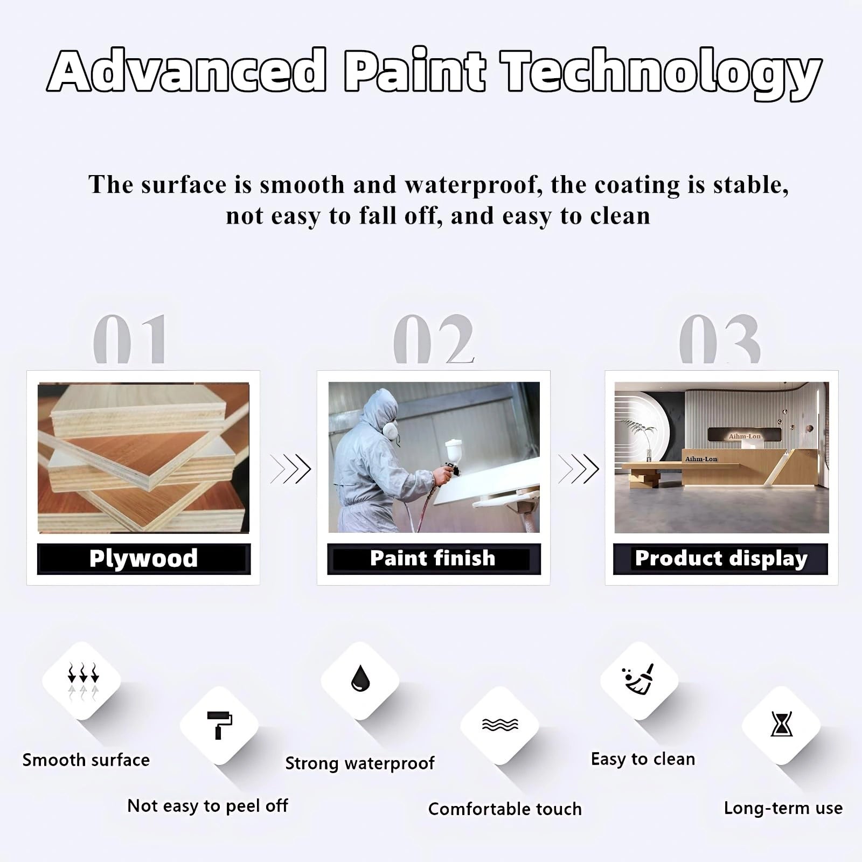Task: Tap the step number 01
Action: pos(130,339)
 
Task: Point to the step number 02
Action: pos(434,339)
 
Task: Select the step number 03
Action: pos(720,339)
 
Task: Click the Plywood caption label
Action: pos(144,559)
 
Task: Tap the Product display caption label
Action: pos(721,559)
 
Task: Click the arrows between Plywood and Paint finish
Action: pos(290,469)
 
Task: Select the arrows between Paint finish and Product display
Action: pos(579,469)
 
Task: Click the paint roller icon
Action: pos(220,725)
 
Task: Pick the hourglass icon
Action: pos(781,725)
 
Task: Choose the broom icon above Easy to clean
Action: pos(639,679)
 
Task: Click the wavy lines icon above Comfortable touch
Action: pos(500,725)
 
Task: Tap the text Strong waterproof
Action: pos(360,763)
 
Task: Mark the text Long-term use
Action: pos(783,808)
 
